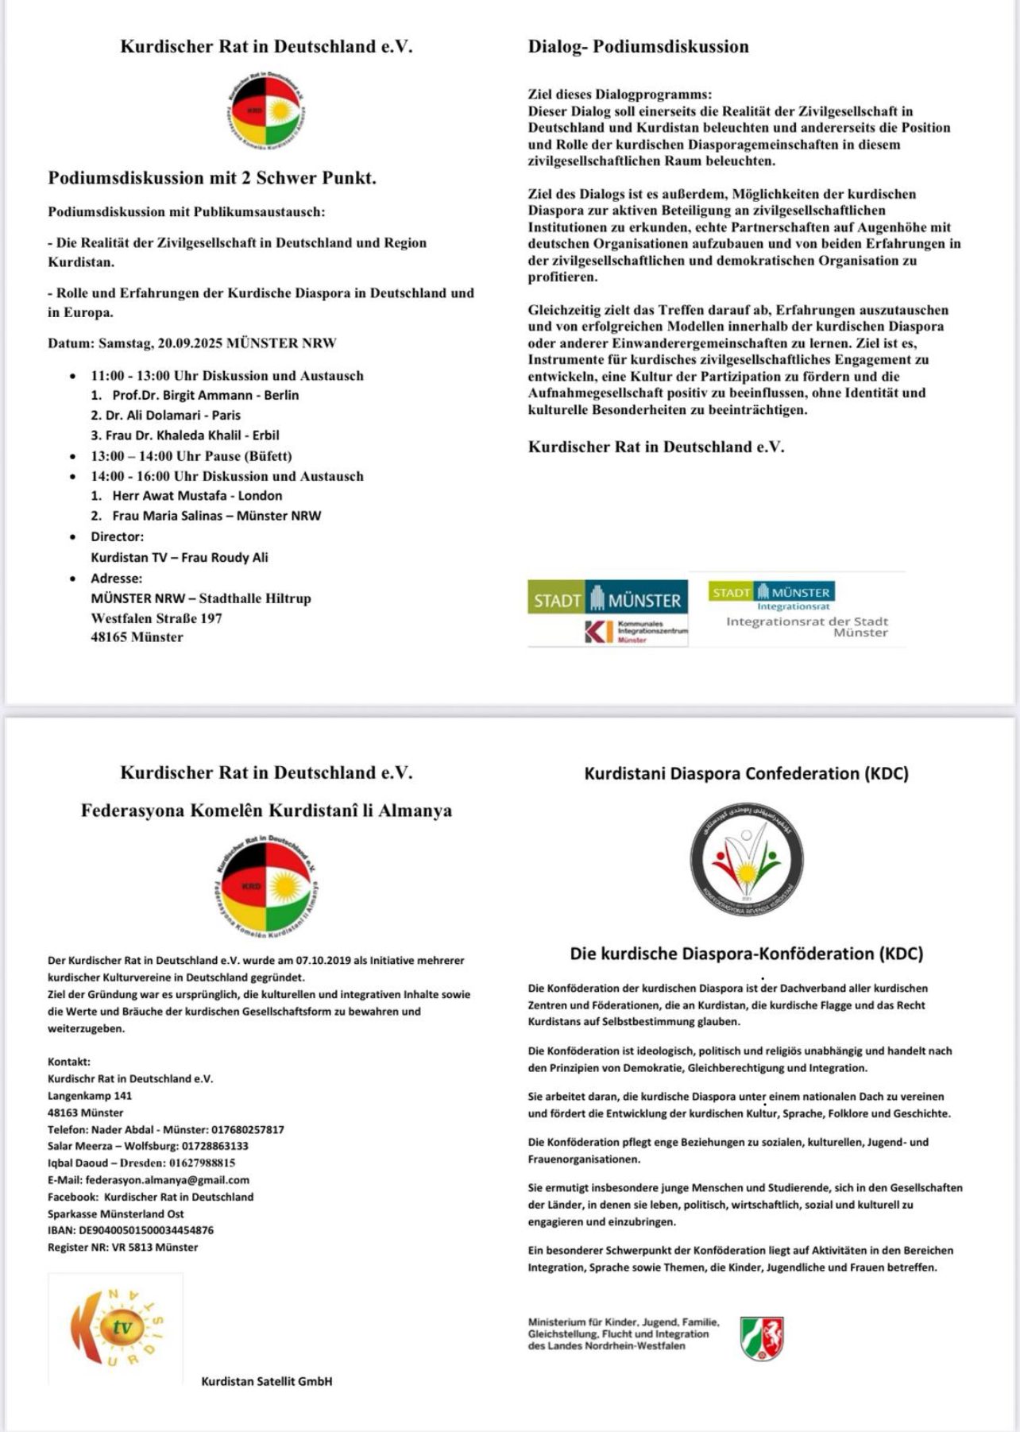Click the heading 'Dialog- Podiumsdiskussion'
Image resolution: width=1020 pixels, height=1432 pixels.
click(x=638, y=46)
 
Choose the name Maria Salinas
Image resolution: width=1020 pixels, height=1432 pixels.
click(x=187, y=515)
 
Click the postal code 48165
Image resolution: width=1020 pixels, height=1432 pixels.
click(x=109, y=637)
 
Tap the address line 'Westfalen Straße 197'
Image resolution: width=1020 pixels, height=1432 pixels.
click(x=156, y=617)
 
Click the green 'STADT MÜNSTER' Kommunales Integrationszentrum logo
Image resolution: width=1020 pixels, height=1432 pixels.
click(x=608, y=612)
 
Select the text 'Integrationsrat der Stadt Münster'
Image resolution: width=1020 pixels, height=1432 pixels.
click(x=806, y=626)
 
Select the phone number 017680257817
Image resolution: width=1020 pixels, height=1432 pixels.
click(x=247, y=1128)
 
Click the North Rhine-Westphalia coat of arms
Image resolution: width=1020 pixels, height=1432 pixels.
click(x=761, y=1338)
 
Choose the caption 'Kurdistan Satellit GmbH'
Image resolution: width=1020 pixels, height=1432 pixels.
click(x=267, y=1381)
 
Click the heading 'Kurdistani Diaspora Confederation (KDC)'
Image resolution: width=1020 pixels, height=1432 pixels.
click(x=746, y=773)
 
